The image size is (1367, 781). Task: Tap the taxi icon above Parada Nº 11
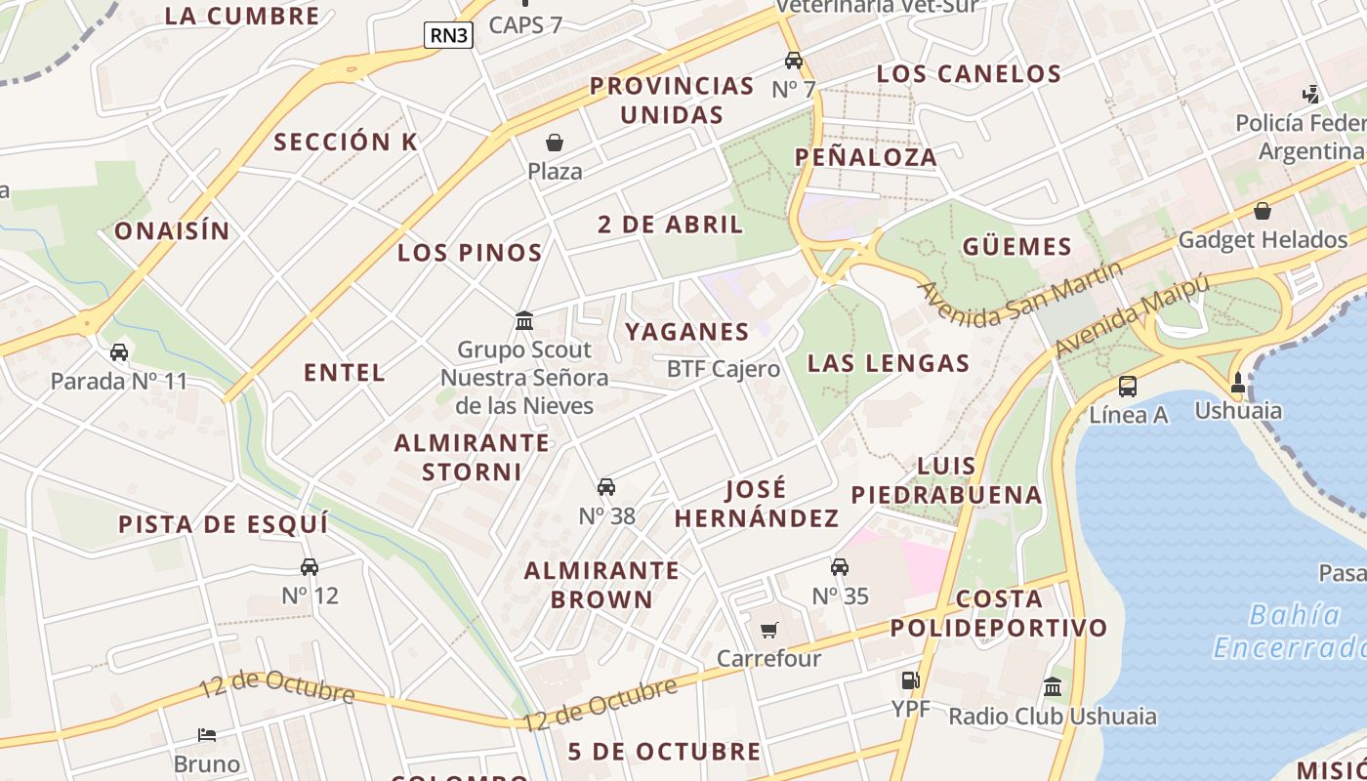[119, 352]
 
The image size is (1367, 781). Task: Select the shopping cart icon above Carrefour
[769, 630]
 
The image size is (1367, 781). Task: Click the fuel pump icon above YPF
[910, 680]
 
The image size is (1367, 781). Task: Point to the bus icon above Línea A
[1128, 386]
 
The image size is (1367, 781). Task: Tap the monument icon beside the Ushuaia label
[1238, 383]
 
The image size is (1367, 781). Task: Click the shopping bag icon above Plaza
[555, 144]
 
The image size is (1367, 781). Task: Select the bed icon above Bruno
[207, 734]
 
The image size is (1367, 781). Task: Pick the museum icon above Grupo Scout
[524, 320]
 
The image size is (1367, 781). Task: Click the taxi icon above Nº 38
[606, 487]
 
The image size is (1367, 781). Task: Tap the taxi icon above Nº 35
[840, 567]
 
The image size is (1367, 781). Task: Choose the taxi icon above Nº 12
[310, 567]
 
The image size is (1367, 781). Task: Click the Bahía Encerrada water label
[1289, 632]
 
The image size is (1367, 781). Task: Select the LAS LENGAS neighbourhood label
[889, 364]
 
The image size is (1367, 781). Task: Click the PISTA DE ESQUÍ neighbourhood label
[224, 524]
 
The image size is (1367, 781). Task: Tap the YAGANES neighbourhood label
[687, 332]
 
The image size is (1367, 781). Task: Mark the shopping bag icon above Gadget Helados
[1263, 211]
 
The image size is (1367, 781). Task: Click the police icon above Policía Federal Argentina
[1311, 95]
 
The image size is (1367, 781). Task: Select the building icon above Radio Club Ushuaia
[1053, 687]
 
